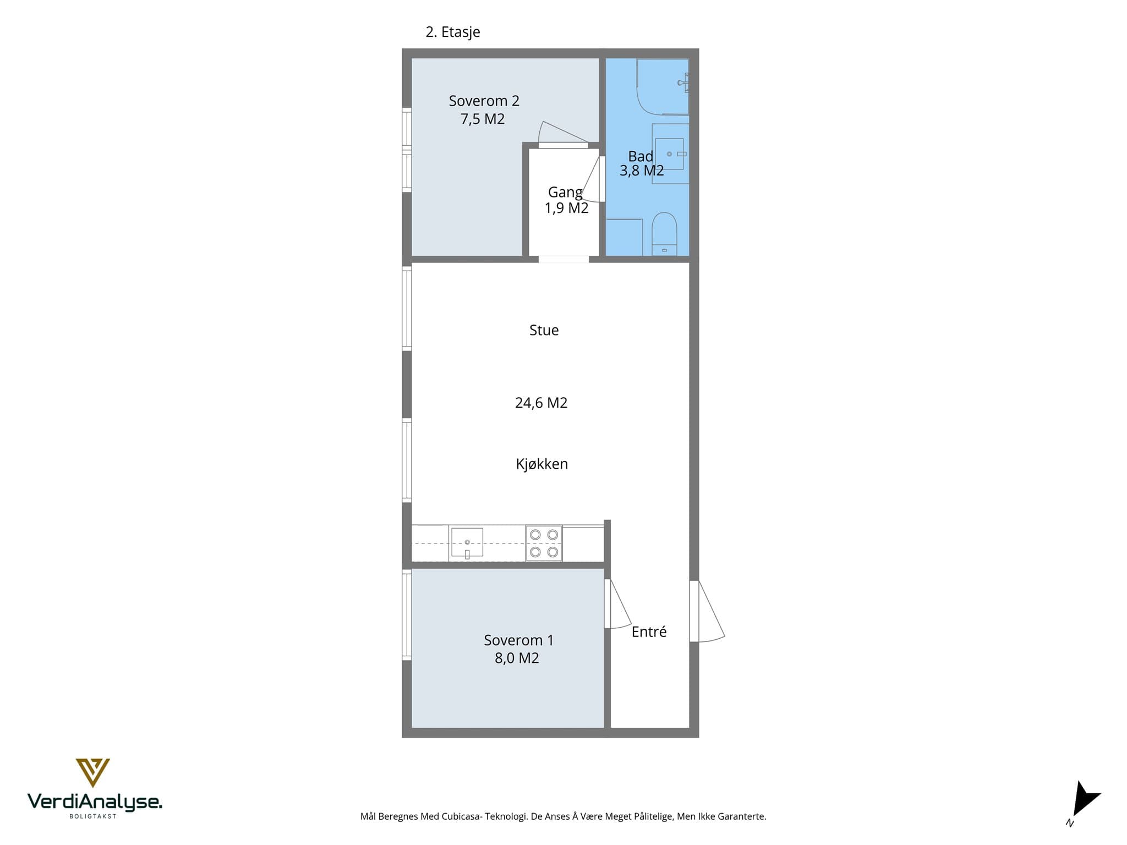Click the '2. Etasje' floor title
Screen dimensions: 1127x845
(452, 32)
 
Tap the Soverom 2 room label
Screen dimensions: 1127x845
(484, 101)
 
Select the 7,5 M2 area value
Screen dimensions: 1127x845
(483, 119)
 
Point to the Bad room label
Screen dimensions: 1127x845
(641, 156)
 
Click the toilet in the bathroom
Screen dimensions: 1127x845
(664, 234)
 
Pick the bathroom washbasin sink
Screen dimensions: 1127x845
(669, 153)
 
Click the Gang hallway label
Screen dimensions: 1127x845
(565, 193)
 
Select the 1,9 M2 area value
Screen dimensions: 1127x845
(566, 208)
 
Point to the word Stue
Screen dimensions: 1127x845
(544, 330)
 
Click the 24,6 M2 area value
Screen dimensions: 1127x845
(541, 403)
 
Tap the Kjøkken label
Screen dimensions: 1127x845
(541, 464)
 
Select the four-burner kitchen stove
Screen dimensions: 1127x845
(544, 543)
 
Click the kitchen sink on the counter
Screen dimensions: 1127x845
(467, 543)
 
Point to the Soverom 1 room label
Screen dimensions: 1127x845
(518, 640)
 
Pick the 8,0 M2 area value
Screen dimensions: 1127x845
(517, 658)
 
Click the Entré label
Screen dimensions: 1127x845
(649, 632)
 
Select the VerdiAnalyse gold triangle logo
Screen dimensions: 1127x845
(92, 772)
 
